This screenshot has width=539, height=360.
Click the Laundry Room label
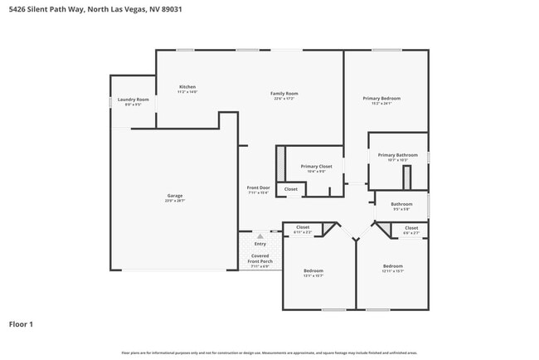133,100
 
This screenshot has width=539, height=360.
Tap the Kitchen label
187,87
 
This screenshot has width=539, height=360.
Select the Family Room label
284,93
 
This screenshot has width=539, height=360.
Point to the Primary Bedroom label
381,99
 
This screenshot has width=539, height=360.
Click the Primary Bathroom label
398,155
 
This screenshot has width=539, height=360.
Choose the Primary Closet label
316,166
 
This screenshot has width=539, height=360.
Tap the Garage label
175,196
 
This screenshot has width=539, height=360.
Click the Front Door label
258,187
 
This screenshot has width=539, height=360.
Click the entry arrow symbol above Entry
260,236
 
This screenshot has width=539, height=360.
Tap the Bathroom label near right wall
401,204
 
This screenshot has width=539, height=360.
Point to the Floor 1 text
21,324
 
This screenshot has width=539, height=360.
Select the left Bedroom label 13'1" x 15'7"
313,270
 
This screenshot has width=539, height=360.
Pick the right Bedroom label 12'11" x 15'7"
392,266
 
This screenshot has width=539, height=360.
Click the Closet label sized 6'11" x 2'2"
303,227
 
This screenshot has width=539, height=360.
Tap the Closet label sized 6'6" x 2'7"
411,227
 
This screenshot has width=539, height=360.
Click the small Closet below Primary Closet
291,189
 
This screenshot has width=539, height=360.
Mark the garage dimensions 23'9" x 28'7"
175,201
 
